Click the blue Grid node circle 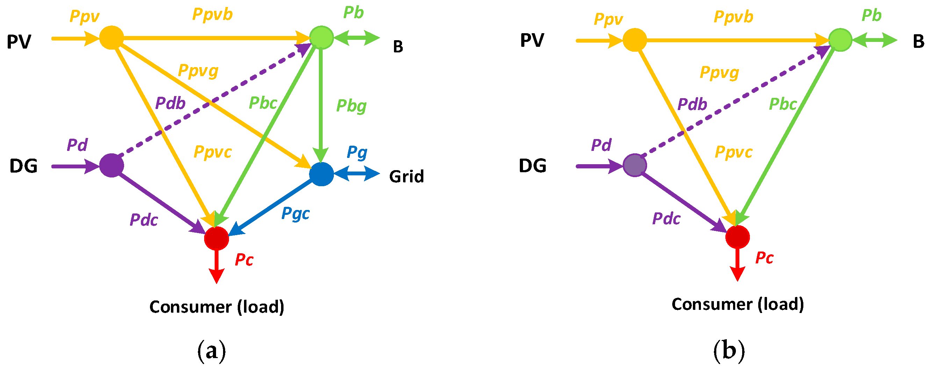(321, 174)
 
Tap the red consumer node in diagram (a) (216, 238)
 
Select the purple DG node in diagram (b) (635, 166)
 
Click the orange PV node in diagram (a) (112, 38)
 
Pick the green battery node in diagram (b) (840, 40)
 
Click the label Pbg (351, 106)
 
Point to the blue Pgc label (295, 213)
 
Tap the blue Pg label (357, 152)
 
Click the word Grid (406, 176)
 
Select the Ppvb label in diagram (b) (733, 17)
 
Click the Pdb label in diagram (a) (170, 103)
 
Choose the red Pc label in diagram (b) (764, 258)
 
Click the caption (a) (212, 351)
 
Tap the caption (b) (729, 351)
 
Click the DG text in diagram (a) (23, 166)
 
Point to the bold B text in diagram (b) (919, 41)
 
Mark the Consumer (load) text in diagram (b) (738, 304)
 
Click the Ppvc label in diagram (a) (213, 152)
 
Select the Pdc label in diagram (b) (666, 219)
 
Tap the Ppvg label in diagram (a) (198, 71)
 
